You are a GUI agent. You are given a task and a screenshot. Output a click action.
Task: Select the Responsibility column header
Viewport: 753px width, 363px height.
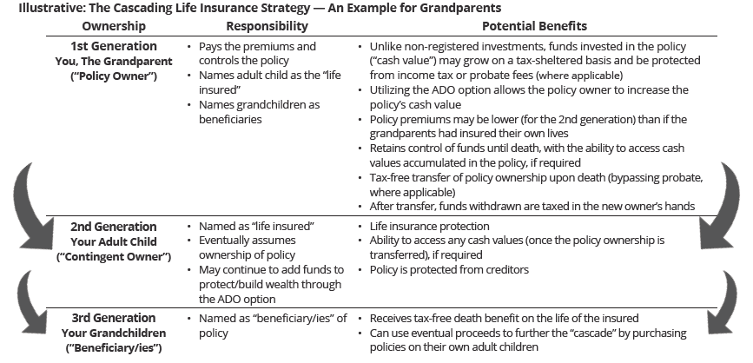pyautogui.click(x=251, y=26)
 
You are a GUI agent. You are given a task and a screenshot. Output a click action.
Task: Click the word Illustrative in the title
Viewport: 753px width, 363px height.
pyautogui.click(x=36, y=9)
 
